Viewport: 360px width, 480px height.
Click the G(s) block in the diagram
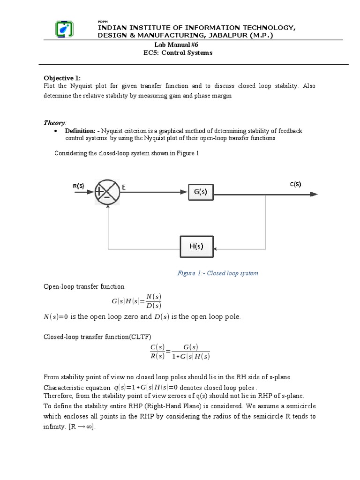point(200,191)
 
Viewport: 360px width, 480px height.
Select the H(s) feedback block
point(196,246)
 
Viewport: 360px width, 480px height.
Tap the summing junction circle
point(107,192)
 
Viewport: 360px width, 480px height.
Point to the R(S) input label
point(78,186)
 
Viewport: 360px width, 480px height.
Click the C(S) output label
point(295,184)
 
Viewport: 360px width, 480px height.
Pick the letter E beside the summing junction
point(125,187)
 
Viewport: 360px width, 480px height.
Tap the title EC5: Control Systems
point(178,53)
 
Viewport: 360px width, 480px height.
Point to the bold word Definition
point(80,131)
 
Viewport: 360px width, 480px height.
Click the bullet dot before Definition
point(56,131)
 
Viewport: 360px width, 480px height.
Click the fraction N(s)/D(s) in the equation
point(153,301)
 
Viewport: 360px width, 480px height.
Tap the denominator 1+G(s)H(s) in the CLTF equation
point(191,356)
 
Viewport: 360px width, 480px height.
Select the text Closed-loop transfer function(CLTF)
point(97,336)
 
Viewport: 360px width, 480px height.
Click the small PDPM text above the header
point(102,22)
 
